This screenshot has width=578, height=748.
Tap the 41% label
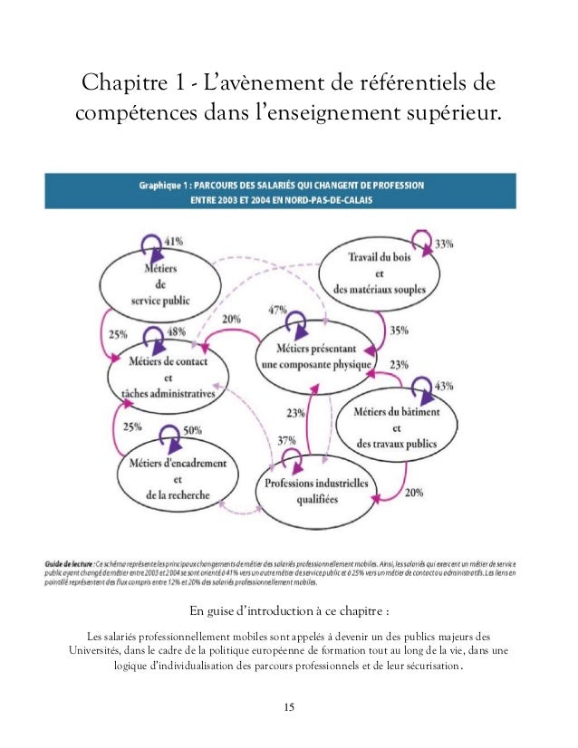point(174,242)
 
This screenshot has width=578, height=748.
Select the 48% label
point(177,332)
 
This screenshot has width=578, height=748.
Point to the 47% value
point(277,311)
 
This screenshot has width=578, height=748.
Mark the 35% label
point(399,331)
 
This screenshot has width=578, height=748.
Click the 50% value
point(191,431)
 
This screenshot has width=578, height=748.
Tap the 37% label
point(286,441)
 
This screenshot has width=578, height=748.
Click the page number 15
point(289,706)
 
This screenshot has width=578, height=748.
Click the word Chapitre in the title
point(119,85)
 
